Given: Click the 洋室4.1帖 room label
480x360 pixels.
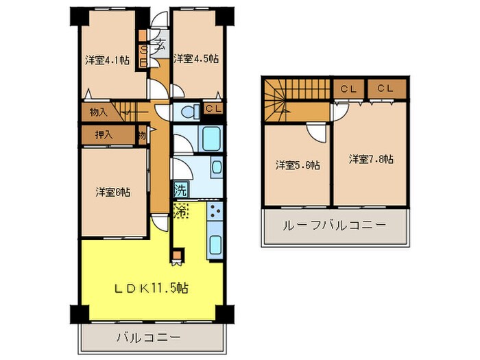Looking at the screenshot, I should coord(108,60).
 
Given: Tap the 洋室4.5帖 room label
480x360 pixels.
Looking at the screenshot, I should coord(196,58).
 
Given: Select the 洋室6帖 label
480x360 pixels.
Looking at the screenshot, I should coord(112,192).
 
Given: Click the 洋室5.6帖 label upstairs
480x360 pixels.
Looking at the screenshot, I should coord(299,165).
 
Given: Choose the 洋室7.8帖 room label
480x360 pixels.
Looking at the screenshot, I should coord(371,159).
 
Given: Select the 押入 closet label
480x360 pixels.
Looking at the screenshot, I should coord(95,135).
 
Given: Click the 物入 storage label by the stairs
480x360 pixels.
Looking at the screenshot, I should coord(98,110).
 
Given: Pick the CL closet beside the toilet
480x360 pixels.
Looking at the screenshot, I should coord(213,109).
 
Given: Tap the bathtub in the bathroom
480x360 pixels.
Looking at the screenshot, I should coord(213,139).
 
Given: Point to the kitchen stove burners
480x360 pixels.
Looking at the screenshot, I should coord(215,212).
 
